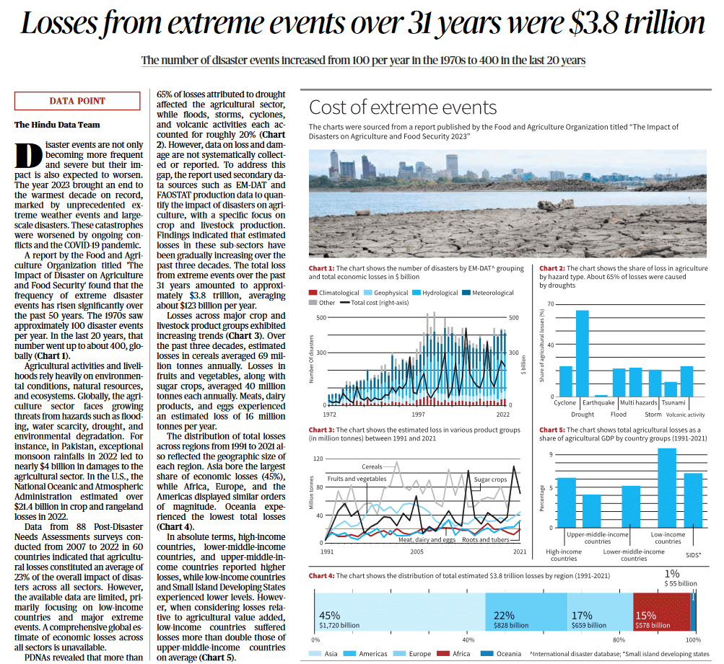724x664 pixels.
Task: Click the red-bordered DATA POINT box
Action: tap(77, 102)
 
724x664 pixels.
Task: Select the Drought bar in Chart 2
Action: tap(582, 353)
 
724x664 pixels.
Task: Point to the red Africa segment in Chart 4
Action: tap(660, 612)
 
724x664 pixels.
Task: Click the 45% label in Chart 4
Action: tap(329, 615)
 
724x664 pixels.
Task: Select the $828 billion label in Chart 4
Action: tap(510, 625)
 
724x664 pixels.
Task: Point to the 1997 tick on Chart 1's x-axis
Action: tap(419, 415)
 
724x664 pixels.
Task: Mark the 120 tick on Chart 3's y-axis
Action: tap(318, 459)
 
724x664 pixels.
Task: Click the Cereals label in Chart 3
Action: tap(372, 466)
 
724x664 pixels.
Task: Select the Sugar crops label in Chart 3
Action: tap(490, 479)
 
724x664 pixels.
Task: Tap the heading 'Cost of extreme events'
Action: tap(403, 108)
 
